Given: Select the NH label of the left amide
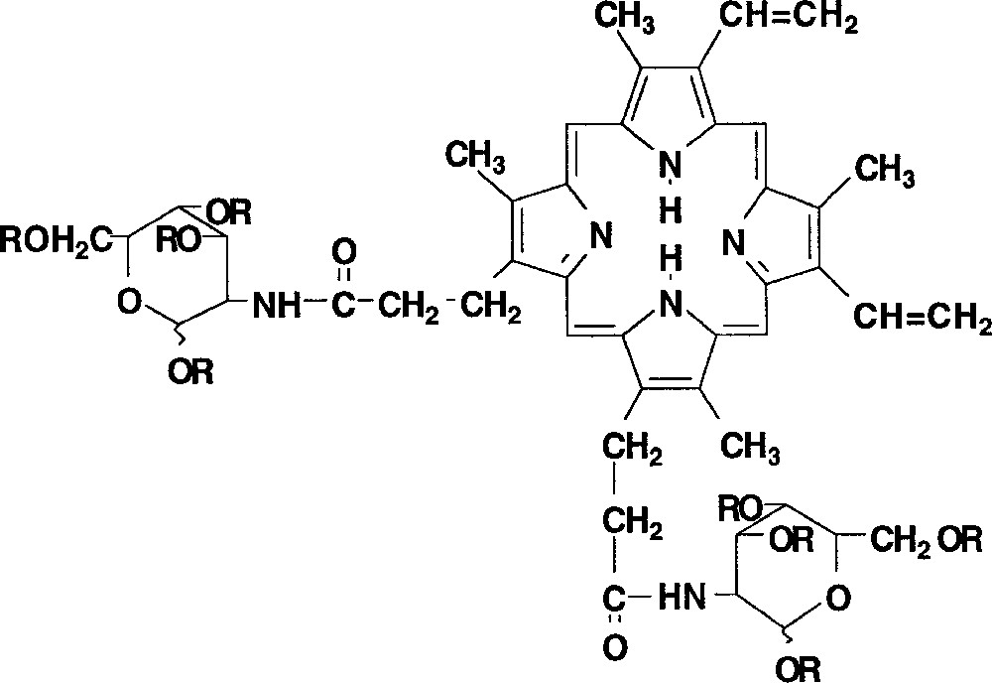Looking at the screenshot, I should point(276,305).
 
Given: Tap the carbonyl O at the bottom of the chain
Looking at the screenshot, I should point(616,650).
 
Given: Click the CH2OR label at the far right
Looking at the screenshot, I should point(927,541).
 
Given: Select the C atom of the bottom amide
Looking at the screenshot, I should point(616,600).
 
